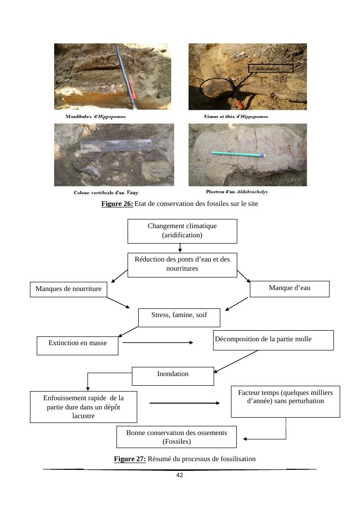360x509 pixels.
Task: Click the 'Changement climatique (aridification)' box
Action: click(182, 231)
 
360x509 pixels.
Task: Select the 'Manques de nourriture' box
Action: click(69, 290)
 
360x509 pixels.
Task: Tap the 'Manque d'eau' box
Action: click(289, 289)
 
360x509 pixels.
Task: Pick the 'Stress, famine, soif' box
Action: click(179, 318)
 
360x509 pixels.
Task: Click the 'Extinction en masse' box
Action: click(78, 346)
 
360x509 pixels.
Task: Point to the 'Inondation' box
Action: click(173, 376)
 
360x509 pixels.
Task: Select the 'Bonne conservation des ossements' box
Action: click(176, 437)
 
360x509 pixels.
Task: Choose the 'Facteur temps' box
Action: click(285, 402)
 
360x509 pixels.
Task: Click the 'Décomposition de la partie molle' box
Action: click(274, 340)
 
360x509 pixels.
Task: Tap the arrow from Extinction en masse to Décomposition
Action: click(158, 342)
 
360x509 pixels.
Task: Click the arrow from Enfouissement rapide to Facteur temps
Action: click(185, 403)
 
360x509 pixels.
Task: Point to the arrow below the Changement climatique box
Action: click(180, 247)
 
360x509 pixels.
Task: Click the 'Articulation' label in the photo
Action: click(271, 68)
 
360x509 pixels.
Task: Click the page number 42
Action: click(179, 475)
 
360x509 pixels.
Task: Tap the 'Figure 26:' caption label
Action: click(117, 204)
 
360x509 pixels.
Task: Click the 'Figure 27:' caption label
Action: click(130, 459)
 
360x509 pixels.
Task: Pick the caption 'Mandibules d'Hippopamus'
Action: click(96, 116)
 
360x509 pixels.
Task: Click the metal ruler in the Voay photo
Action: click(116, 146)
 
